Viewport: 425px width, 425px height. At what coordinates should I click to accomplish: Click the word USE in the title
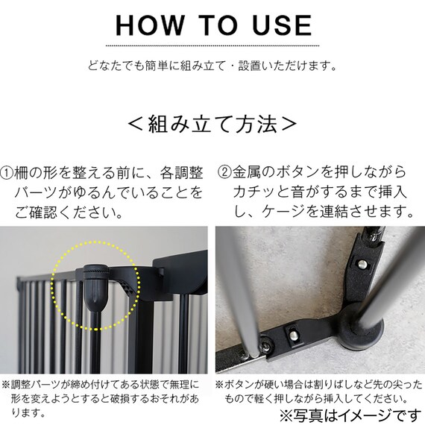(x=282, y=25)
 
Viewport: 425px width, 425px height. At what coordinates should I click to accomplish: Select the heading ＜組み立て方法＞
(x=212, y=125)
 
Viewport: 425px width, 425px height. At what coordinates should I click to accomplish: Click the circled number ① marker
(x=7, y=174)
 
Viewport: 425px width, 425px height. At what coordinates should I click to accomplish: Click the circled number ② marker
(x=224, y=172)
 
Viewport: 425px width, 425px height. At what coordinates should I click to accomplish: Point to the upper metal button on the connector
(x=362, y=264)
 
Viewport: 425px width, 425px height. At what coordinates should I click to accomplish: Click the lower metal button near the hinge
(x=293, y=336)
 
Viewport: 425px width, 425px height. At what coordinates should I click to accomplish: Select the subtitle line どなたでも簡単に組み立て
(x=157, y=66)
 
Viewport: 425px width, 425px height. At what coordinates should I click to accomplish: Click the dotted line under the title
(x=212, y=45)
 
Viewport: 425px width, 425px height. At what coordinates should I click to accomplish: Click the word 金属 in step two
(x=247, y=172)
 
